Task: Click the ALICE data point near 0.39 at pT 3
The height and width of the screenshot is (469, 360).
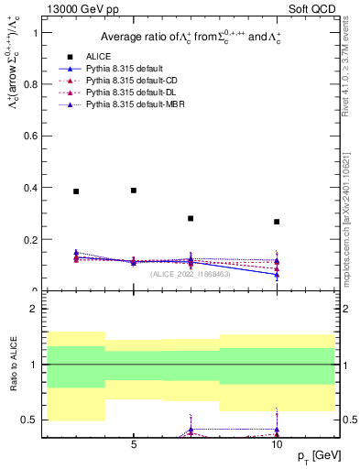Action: (76, 191)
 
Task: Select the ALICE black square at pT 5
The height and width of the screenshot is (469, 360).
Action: (134, 191)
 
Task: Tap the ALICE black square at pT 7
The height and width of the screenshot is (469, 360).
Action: (191, 219)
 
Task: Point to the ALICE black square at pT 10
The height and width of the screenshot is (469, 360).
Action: (277, 222)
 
